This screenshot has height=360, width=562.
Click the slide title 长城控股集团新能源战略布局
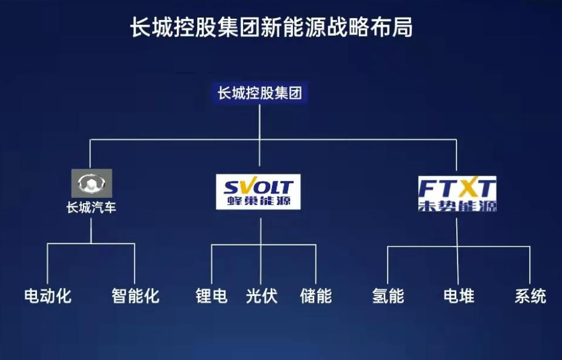click(271, 28)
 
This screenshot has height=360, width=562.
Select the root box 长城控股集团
click(260, 93)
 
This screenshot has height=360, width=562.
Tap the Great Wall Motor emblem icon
click(92, 183)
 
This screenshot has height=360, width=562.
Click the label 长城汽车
click(91, 208)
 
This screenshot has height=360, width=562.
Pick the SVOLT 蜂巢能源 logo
click(258, 191)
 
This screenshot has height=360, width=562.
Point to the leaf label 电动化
click(48, 295)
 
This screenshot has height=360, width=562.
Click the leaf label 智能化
click(135, 295)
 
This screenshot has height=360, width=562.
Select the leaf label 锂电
click(211, 295)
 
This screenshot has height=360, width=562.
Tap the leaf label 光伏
click(261, 295)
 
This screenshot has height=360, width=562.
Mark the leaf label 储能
click(316, 295)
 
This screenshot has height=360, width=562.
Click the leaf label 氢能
click(388, 295)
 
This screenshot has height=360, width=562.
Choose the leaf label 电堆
click(459, 295)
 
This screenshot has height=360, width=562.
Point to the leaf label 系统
click(530, 295)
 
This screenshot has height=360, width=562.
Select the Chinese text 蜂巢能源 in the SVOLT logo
click(258, 203)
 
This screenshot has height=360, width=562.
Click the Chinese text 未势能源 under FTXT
click(457, 206)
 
